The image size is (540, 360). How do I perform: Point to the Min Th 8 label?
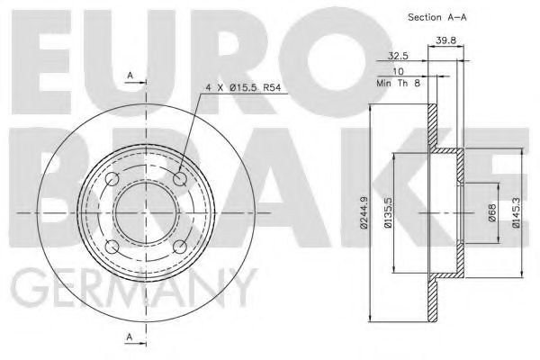tap(400, 83)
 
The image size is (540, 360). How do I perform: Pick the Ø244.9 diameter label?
tap(363, 213)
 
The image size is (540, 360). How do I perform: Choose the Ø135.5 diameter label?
tap(389, 213)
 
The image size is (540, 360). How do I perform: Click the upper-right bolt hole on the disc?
tap(181, 181)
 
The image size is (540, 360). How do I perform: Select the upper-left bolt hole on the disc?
tap(112, 181)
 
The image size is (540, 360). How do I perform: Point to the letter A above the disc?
tap(131, 76)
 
